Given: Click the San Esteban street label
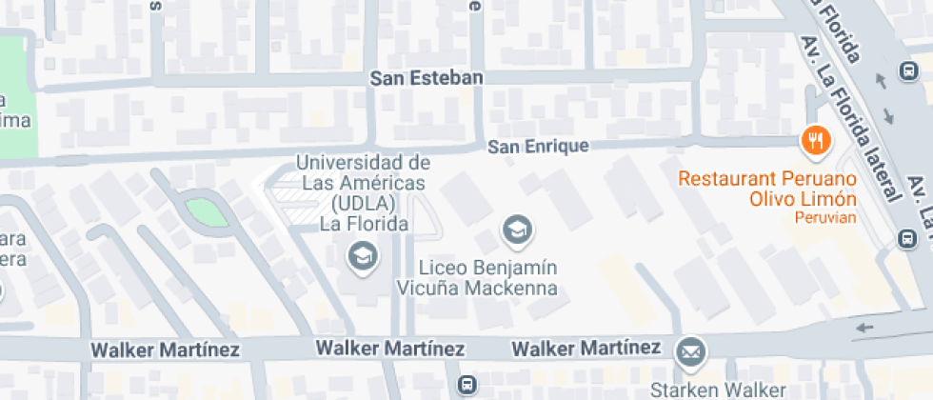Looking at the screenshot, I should pos(427,78).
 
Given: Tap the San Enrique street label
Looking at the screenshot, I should pos(538,147).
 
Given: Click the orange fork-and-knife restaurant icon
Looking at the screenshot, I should pos(815,142).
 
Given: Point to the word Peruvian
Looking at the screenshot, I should pos(824,218).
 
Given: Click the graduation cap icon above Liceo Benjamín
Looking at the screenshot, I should pos(517,230).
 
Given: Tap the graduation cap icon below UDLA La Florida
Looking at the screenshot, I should pos(362,255).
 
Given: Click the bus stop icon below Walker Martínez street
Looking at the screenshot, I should pos(466,385).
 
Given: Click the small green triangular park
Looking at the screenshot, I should pos(206,211).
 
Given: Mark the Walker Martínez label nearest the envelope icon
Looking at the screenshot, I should pos(586,348).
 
